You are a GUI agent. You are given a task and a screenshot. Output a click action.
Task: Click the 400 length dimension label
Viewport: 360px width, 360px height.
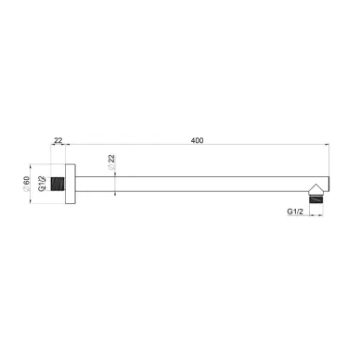coord(197,140)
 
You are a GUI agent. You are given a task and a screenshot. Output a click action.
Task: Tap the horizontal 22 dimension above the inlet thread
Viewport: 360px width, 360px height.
coord(58,140)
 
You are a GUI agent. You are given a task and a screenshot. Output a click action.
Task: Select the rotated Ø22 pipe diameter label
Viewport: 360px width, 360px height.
coord(111,161)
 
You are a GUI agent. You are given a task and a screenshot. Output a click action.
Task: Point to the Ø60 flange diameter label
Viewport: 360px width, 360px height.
coord(26,184)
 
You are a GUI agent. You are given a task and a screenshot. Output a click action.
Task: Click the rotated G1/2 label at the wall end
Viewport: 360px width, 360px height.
coord(42,184)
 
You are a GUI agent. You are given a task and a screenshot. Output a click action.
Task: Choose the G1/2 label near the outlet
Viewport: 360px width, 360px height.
coord(295,212)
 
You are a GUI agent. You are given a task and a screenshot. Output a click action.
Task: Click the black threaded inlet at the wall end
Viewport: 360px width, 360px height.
coord(58,184)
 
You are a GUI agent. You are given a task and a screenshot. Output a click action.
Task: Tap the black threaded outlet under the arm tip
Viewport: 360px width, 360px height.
coord(316,199)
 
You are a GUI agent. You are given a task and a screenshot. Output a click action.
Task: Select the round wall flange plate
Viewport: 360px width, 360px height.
coord(71,184)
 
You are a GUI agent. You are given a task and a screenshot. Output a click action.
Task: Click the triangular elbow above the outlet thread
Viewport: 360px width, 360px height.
coord(316,189)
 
